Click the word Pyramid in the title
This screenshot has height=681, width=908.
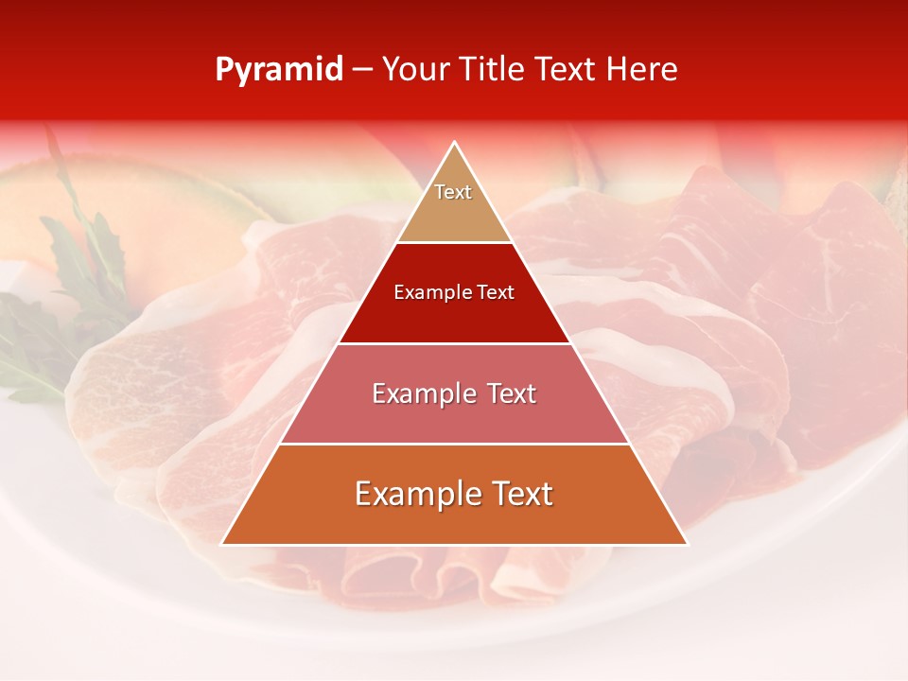(279, 69)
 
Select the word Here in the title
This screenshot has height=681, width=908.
(642, 69)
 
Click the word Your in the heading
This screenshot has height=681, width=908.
(415, 69)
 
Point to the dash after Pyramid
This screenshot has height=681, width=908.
(362, 70)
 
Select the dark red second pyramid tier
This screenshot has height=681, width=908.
(454, 317)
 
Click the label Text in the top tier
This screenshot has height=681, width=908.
(453, 192)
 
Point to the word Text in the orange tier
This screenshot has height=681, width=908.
(519, 494)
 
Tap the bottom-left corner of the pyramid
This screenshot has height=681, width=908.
(222, 544)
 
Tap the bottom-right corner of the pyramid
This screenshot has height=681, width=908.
(687, 544)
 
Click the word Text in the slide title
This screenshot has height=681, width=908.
(567, 69)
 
